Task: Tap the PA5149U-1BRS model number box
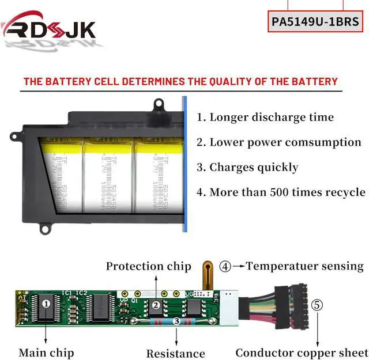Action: click(x=315, y=22)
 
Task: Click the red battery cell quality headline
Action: click(x=180, y=81)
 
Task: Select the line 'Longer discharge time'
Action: click(x=265, y=117)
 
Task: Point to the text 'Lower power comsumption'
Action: click(x=278, y=142)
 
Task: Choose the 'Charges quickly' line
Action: click(x=247, y=168)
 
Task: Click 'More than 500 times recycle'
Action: click(x=281, y=192)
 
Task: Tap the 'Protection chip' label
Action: click(x=148, y=266)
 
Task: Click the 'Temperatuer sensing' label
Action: click(x=304, y=266)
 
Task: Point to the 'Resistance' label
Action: click(x=175, y=353)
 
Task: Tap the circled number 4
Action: click(x=225, y=267)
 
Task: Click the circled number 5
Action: click(x=317, y=305)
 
